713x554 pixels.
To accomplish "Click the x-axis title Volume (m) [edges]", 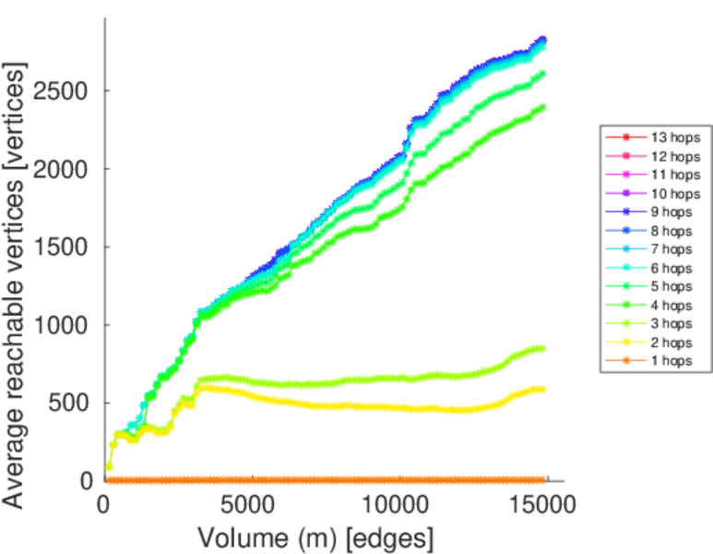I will coord(315,536).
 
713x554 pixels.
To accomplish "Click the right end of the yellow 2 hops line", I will coord(542,390).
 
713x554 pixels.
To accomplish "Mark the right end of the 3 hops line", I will coord(542,348).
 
